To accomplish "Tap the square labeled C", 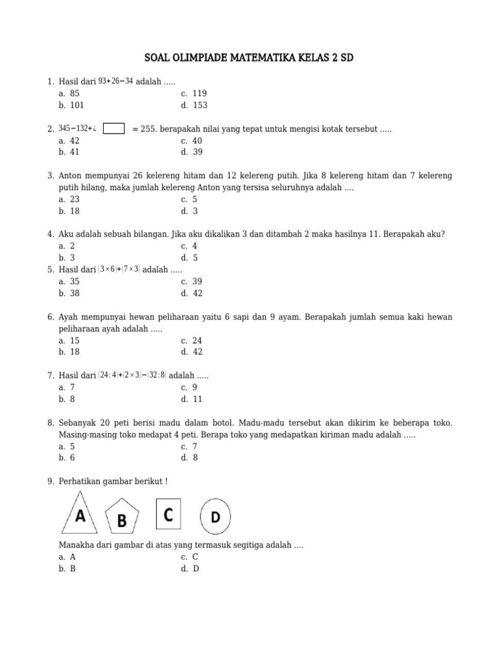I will click(x=169, y=514).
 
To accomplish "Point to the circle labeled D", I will click(x=215, y=517).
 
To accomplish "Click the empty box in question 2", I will click(x=114, y=129).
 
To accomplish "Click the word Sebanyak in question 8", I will click(x=77, y=423).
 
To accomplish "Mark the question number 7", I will click(x=50, y=375).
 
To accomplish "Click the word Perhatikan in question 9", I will click(x=80, y=481).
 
